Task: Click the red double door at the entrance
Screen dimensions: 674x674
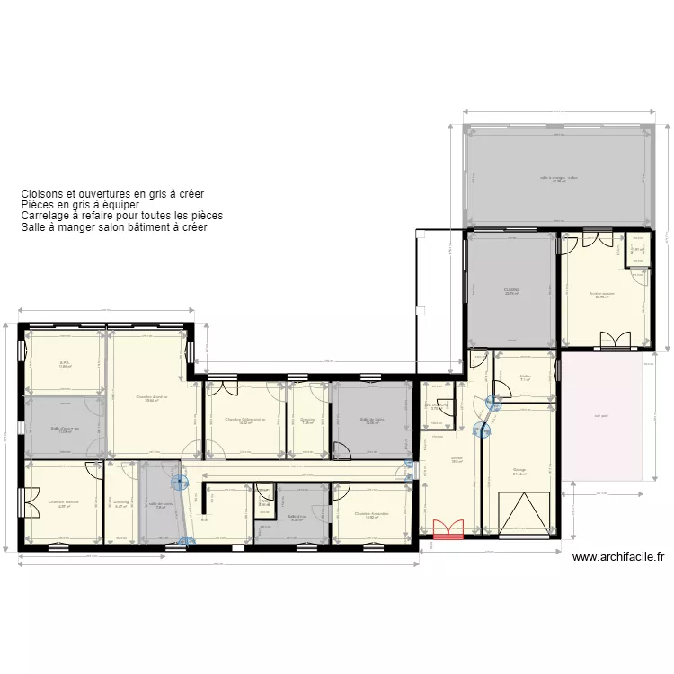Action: [x=448, y=529]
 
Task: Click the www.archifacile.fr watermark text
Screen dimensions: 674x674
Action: [x=619, y=557]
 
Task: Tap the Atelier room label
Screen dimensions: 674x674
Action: [x=525, y=377]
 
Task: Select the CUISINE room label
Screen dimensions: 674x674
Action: [x=511, y=289]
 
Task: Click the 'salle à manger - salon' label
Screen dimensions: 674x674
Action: [x=559, y=178]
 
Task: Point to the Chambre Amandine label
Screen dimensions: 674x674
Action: [x=371, y=514]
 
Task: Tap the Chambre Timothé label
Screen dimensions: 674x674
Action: [x=64, y=502]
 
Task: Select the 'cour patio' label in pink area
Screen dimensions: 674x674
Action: [x=601, y=415]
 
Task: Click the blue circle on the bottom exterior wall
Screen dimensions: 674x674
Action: [x=186, y=541]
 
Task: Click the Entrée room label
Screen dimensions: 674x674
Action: [x=457, y=459]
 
